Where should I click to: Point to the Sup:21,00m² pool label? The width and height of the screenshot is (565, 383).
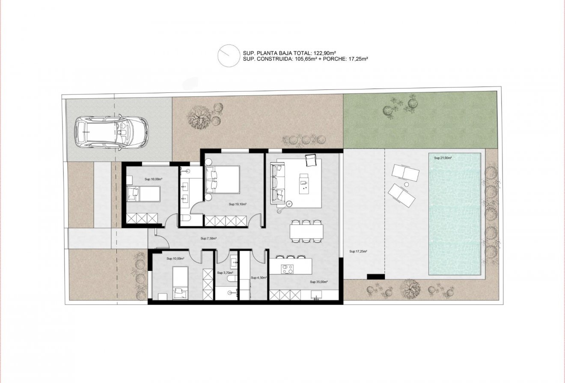point(443,158)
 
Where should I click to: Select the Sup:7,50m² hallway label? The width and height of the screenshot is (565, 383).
point(208,238)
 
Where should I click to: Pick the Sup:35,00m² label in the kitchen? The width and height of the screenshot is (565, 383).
point(318,282)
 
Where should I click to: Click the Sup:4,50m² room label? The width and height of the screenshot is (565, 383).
point(259,277)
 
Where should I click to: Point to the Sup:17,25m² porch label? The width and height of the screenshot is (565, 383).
point(358,252)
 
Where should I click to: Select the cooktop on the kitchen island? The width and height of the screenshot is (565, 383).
point(286,269)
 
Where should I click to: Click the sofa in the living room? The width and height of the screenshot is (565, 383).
point(278,182)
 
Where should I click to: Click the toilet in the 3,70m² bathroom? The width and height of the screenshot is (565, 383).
point(231,279)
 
